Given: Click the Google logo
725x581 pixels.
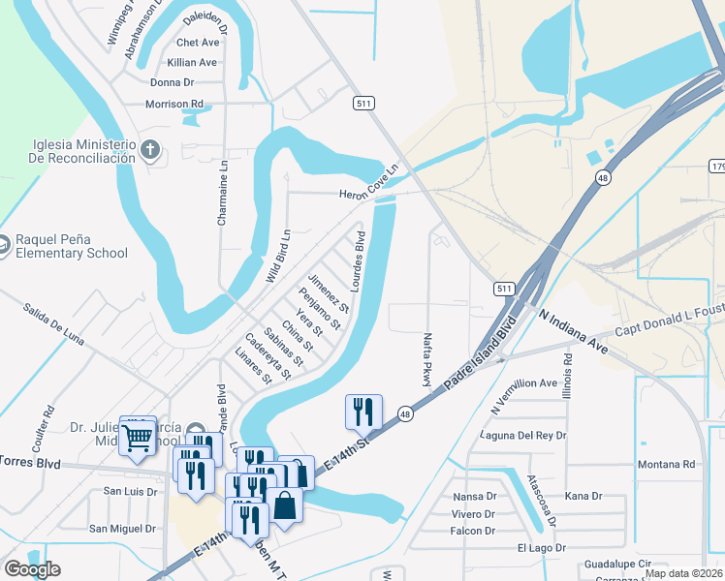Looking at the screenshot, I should click(32, 569).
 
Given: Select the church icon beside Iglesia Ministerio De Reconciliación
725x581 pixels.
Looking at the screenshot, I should click(149, 150).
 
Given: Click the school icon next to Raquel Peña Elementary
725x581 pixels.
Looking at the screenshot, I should click(5, 247).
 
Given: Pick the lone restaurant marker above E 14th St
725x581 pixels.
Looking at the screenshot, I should click(363, 412).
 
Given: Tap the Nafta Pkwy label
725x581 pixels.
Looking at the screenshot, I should click(426, 360).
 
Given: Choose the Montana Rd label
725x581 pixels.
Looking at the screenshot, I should click(667, 465).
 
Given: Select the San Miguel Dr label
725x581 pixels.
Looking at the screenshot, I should click(122, 529).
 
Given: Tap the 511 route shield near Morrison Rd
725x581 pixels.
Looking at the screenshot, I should click(363, 103).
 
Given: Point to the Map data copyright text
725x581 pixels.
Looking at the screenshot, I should click(683, 573).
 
